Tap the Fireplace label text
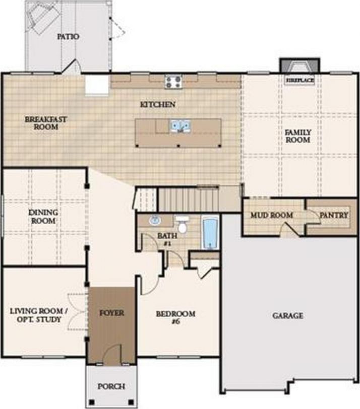point(300,80)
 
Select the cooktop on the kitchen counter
point(173,81)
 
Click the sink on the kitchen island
point(179,125)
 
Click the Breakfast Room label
point(46,123)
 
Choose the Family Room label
point(298,136)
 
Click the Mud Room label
point(272,215)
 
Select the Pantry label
point(333,215)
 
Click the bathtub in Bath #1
point(210,233)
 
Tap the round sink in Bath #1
point(155,220)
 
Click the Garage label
point(288,316)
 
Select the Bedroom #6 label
point(175,317)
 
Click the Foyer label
point(111,313)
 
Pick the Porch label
point(111,386)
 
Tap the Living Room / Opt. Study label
point(36,316)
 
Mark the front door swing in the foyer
point(114,353)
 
